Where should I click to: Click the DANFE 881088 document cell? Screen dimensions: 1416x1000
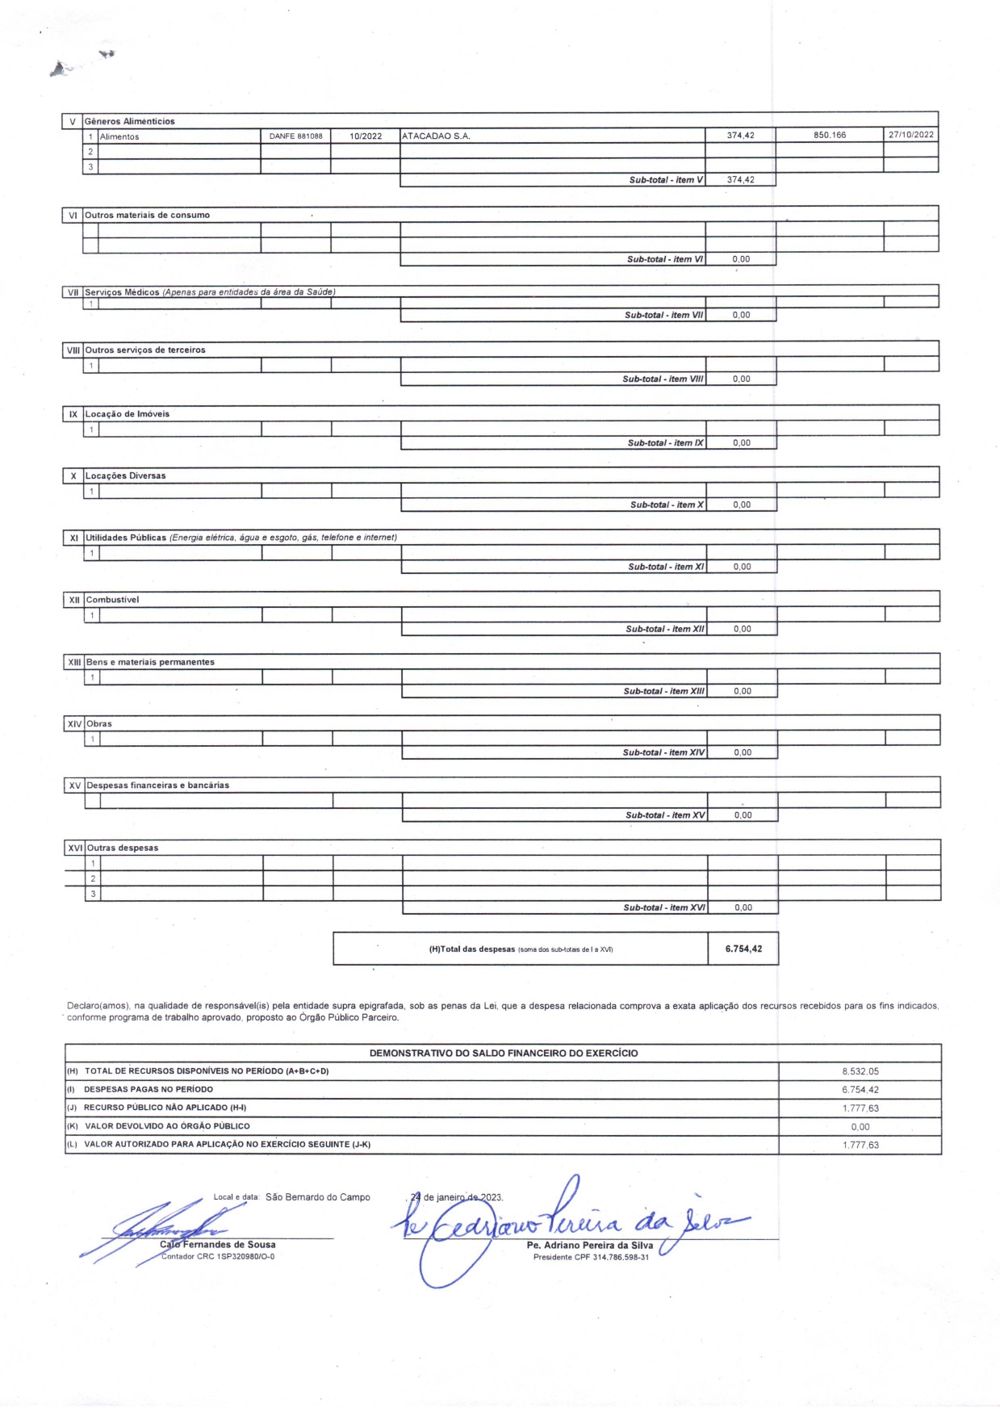pyautogui.click(x=295, y=136)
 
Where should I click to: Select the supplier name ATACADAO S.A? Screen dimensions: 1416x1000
pyautogui.click(x=436, y=136)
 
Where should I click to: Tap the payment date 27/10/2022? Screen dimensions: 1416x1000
pyautogui.click(x=910, y=135)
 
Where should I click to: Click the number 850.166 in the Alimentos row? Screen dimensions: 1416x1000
pyautogui.click(x=829, y=135)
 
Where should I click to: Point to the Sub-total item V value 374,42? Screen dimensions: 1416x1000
pyautogui.click(x=740, y=180)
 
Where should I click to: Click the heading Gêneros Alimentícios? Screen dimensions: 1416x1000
pyautogui.click(x=129, y=121)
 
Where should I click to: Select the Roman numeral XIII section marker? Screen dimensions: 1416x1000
pyautogui.click(x=74, y=662)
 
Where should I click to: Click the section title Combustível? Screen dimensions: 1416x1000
pyautogui.click(x=112, y=600)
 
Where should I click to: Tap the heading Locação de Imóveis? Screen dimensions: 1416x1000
pyautogui.click(x=128, y=414)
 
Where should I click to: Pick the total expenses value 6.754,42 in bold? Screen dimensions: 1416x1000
pyautogui.click(x=743, y=949)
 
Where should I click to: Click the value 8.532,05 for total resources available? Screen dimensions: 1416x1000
pyautogui.click(x=860, y=1072)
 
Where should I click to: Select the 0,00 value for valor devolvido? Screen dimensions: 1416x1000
pyautogui.click(x=860, y=1127)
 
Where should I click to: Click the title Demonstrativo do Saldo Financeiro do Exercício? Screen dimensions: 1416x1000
pyautogui.click(x=503, y=1054)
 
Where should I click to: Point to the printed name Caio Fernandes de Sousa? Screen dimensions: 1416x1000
pyautogui.click(x=218, y=1245)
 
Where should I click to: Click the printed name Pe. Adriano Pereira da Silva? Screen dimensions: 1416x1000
pyautogui.click(x=589, y=1246)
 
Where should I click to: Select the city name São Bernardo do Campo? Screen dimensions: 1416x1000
pyautogui.click(x=317, y=1197)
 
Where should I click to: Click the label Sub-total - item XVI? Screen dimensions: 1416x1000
pyautogui.click(x=663, y=908)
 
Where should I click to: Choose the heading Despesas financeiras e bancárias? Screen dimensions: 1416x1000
pyautogui.click(x=157, y=786)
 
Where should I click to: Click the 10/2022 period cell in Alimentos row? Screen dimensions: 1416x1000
pyautogui.click(x=365, y=136)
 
